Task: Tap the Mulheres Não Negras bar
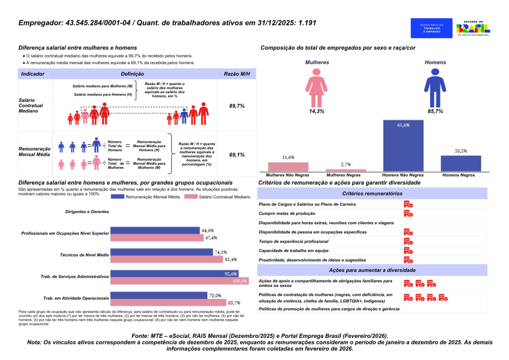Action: pyautogui.click(x=288, y=167)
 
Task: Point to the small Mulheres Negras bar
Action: pyautogui.click(x=345, y=170)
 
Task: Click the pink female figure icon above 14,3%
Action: pyautogui.click(x=317, y=87)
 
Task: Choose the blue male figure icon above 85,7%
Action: pyautogui.click(x=435, y=87)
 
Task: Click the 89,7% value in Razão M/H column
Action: pyautogui.click(x=237, y=106)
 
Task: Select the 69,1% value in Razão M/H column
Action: pyautogui.click(x=237, y=155)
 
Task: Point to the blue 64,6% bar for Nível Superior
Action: pyautogui.click(x=155, y=230)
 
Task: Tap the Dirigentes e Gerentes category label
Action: pyautogui.click(x=87, y=212)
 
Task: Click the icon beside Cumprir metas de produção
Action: pyautogui.click(x=408, y=213)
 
